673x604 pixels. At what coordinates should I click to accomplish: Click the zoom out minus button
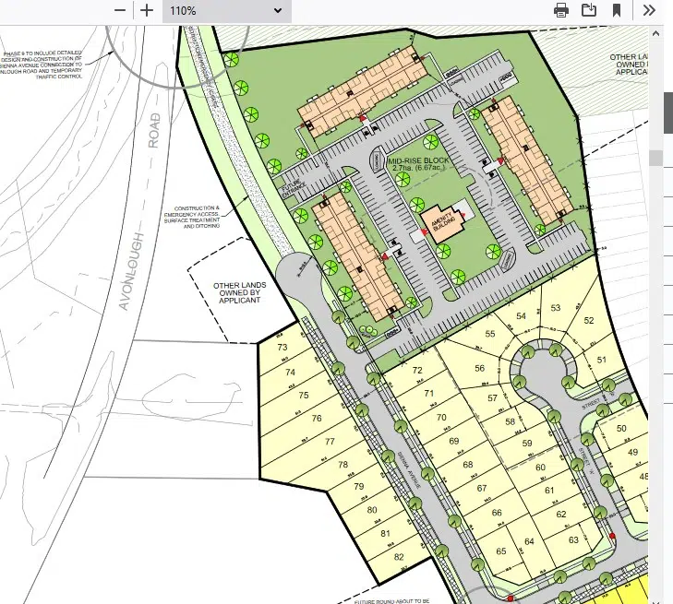click(x=121, y=10)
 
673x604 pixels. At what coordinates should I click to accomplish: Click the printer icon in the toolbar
click(x=560, y=10)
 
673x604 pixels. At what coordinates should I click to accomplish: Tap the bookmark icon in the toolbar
click(x=617, y=10)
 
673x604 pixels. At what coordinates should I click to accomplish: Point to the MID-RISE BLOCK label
click(x=420, y=162)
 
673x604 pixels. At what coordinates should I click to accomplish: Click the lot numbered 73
click(x=282, y=348)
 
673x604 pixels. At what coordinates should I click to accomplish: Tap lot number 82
click(x=399, y=557)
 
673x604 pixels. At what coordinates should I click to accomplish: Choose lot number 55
click(x=490, y=333)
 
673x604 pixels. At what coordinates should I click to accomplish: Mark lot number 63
click(x=573, y=539)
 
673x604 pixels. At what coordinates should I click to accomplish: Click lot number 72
click(x=417, y=371)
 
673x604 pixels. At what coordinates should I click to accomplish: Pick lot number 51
click(x=603, y=359)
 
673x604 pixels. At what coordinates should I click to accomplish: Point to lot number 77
click(x=330, y=442)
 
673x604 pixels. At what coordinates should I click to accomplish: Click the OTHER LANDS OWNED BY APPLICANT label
click(x=237, y=293)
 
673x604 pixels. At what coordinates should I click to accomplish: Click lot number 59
click(x=527, y=444)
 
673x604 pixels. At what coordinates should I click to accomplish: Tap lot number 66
click(x=497, y=513)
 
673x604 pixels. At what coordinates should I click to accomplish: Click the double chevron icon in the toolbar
click(x=649, y=10)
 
